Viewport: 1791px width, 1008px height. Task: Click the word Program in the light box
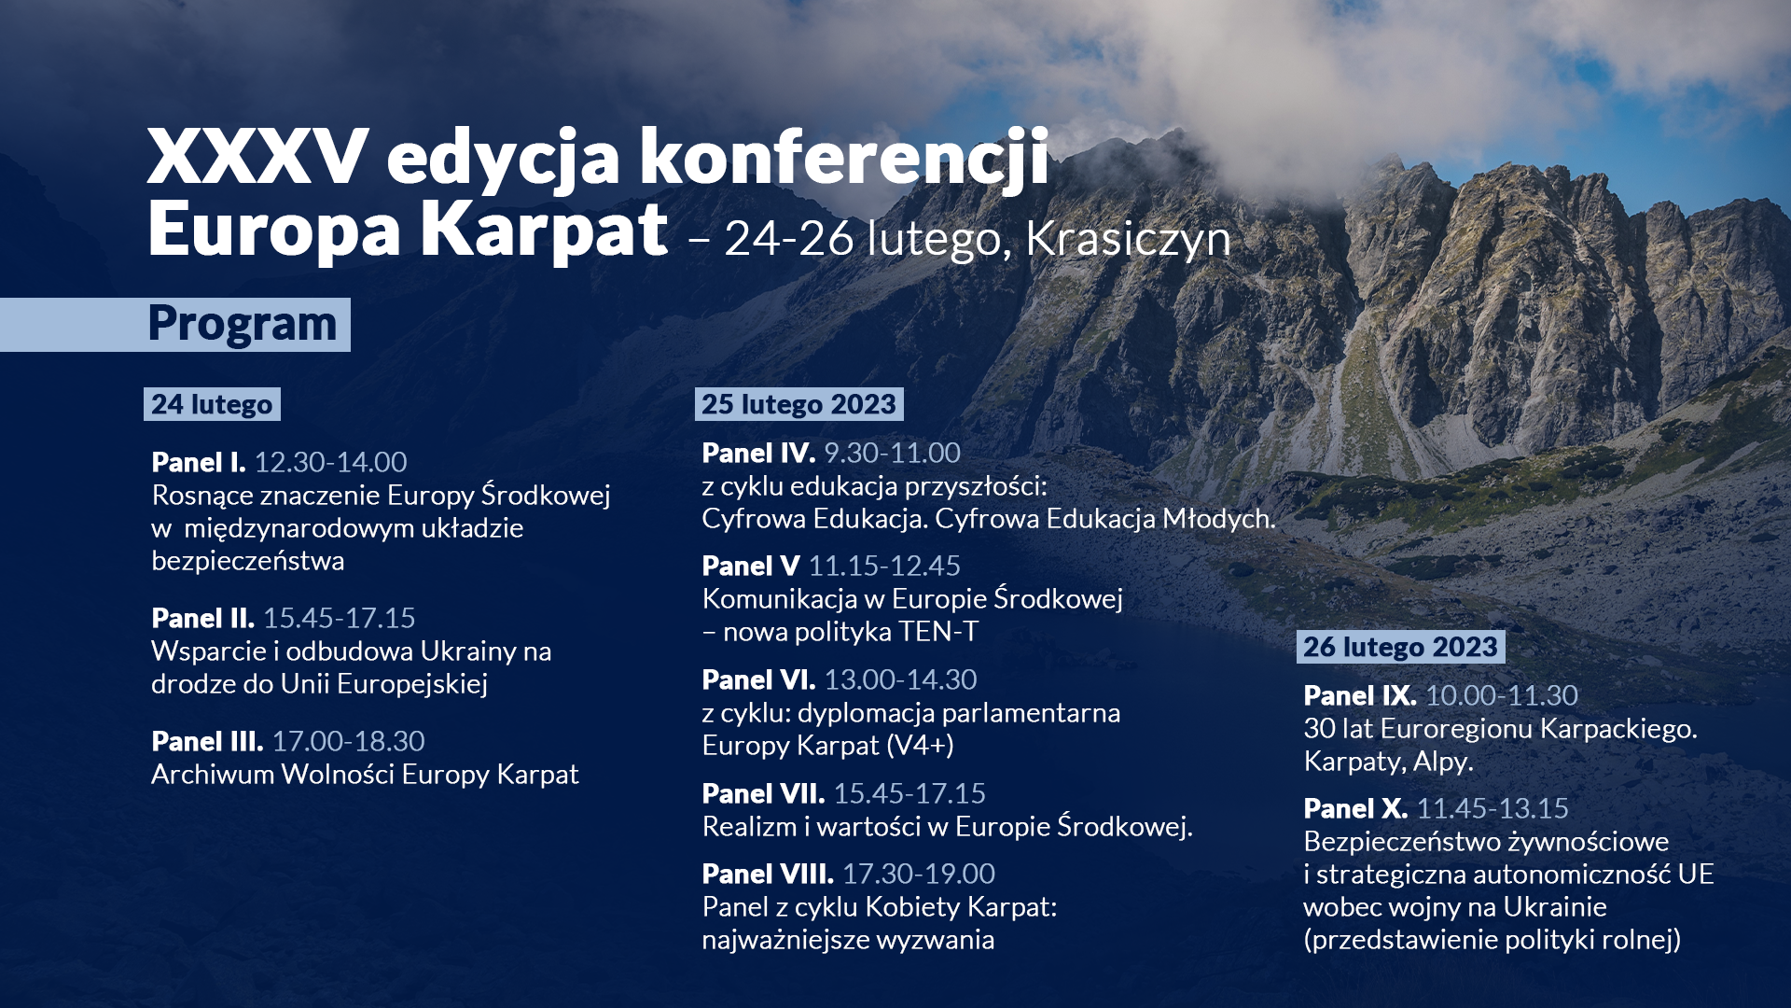242,325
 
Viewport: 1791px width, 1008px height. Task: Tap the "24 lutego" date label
212,404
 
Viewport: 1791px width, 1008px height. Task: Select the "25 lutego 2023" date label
798,404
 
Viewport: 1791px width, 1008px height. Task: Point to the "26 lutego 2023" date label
1400,647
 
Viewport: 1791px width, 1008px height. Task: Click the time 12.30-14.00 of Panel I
330,462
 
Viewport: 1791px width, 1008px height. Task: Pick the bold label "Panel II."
202,618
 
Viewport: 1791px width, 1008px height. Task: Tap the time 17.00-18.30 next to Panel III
348,741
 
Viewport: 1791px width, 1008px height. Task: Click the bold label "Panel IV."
758,453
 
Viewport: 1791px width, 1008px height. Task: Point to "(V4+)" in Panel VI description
921,746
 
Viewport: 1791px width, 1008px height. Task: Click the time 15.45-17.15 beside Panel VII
909,793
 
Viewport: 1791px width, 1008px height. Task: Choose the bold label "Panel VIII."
768,874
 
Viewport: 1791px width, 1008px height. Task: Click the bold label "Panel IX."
1360,695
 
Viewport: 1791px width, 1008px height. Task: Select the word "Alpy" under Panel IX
1440,762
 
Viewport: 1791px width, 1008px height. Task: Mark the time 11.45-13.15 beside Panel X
1492,808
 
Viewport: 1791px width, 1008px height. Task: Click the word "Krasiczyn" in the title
1128,239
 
